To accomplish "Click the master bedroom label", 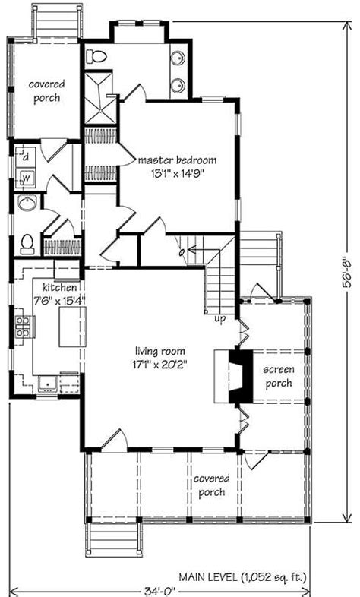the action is click(177, 160).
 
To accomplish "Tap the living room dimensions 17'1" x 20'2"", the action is click(159, 365).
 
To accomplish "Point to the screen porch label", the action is click(279, 376).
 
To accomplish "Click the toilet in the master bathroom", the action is click(96, 57).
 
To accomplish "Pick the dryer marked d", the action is click(26, 156).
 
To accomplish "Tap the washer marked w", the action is click(26, 178).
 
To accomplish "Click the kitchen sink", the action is click(48, 384).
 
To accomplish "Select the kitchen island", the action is click(72, 327).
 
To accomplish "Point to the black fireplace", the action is click(240, 376).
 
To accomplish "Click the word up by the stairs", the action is click(220, 319).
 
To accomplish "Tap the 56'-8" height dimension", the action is click(347, 272).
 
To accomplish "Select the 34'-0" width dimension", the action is click(159, 591).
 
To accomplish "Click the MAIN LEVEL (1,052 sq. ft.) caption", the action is click(243, 577).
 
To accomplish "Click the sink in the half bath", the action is click(27, 204).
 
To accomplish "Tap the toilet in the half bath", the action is click(27, 245).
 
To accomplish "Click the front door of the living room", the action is click(115, 441).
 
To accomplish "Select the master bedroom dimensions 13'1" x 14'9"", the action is click(177, 175).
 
